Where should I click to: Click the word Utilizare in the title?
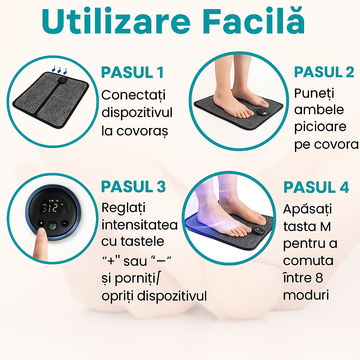coord(116,22)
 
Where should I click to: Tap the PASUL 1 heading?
coord(133,72)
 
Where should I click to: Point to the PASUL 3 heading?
coord(133,186)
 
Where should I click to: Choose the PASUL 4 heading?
coord(316,187)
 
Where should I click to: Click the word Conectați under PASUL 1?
coord(133,95)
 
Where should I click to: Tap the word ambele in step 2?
coord(319,110)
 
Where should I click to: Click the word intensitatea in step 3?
coord(140,225)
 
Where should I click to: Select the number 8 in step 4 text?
coord(319,278)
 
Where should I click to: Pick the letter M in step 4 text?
coord(325,227)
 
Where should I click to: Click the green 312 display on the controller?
coord(51,207)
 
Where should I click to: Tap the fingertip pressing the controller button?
coord(41,232)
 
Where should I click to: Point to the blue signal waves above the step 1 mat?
coord(59,69)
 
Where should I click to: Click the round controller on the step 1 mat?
coord(62,80)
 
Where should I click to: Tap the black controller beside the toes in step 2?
coord(262,112)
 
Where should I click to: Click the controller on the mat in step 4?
coord(259,230)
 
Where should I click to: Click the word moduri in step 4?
coord(306,295)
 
